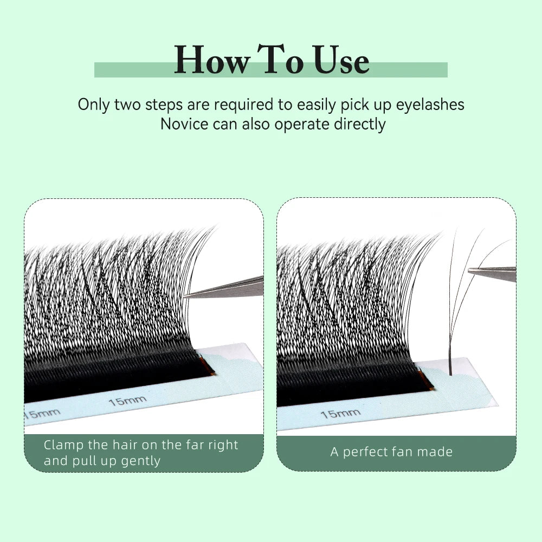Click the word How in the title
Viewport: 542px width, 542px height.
211,61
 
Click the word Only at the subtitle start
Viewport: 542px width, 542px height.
94,104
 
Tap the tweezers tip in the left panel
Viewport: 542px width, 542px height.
188,295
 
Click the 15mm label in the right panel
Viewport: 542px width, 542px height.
340,414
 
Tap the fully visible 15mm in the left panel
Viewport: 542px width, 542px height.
127,402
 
